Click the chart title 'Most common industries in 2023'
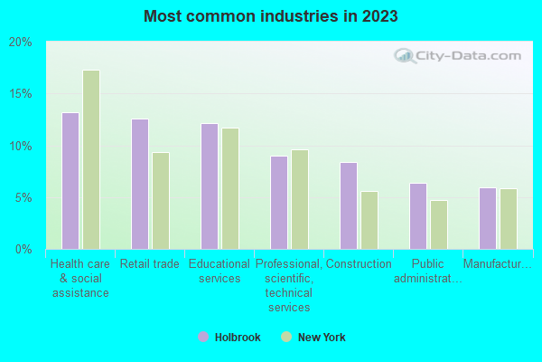(x=270, y=16)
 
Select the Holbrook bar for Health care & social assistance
(x=70, y=181)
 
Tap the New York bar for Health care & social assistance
(x=91, y=160)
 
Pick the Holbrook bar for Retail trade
(x=140, y=184)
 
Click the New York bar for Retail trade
(x=161, y=201)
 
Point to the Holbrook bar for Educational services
(x=210, y=186)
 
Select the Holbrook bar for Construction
(x=349, y=205)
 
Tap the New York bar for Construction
(x=369, y=220)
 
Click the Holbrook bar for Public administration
(x=418, y=216)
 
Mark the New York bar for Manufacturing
(x=509, y=219)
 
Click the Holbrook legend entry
(x=230, y=338)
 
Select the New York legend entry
(x=313, y=338)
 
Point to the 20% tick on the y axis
(x=21, y=43)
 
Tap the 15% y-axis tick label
(x=21, y=94)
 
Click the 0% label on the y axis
(x=23, y=249)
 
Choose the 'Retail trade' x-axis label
(x=150, y=264)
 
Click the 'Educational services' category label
(x=220, y=271)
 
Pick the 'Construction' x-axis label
(x=359, y=264)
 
